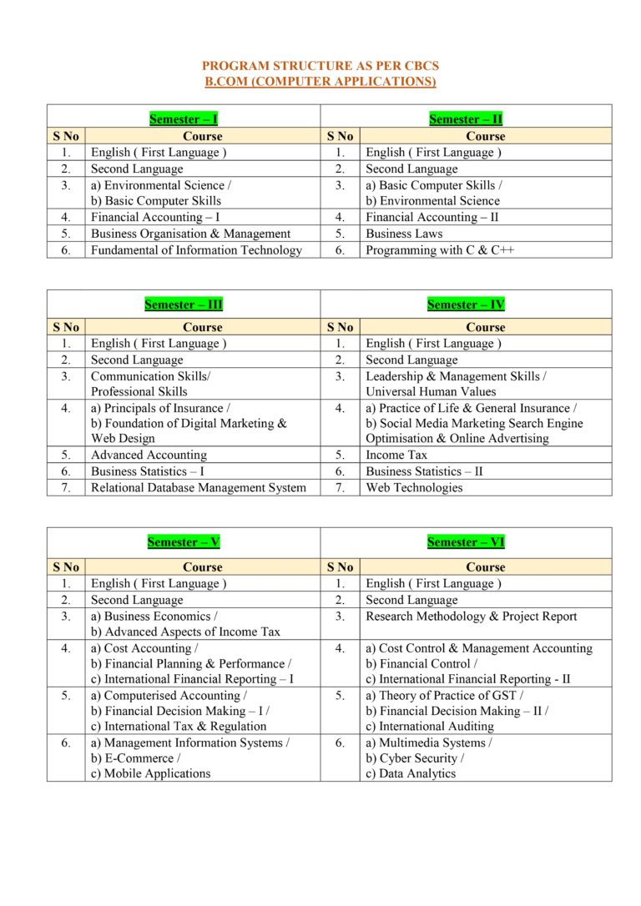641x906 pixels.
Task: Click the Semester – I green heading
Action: click(x=184, y=119)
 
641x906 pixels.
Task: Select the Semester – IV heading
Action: click(x=466, y=305)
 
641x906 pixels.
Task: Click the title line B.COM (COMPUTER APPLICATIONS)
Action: click(x=320, y=81)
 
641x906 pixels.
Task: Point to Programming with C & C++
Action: click(x=439, y=250)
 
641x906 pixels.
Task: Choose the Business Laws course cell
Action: click(x=404, y=234)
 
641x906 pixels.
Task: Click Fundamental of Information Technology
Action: click(x=196, y=250)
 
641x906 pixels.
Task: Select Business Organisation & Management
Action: click(x=190, y=234)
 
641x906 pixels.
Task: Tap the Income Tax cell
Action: click(x=396, y=455)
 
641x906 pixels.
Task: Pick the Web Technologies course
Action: click(x=414, y=488)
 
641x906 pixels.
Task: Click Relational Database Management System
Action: click(x=199, y=488)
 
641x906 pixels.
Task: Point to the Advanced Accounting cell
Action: click(x=149, y=455)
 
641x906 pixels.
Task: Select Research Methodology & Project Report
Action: click(x=471, y=617)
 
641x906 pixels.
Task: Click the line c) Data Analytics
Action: click(x=411, y=773)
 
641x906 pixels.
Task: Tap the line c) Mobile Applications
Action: click(x=150, y=773)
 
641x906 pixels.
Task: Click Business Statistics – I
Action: click(x=148, y=471)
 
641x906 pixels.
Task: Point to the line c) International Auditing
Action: click(x=429, y=727)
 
